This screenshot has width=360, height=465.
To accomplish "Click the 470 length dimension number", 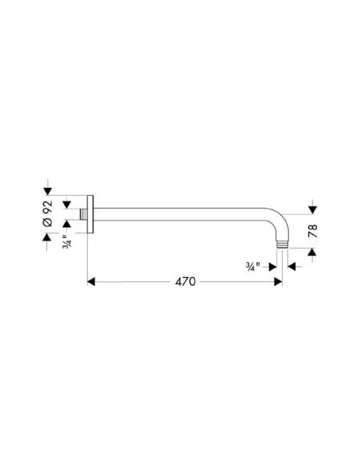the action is [186, 281].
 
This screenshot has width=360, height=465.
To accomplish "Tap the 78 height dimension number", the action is [312, 231].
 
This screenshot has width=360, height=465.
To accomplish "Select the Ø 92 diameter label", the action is [48, 213].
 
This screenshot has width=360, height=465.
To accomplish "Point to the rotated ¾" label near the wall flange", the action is [67, 241].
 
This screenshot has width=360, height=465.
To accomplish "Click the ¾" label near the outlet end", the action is [252, 266].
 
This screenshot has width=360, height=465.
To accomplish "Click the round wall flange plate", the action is [91, 214].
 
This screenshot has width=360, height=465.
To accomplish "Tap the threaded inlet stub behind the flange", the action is [84, 214].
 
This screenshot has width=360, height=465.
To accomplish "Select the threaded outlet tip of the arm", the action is [282, 245].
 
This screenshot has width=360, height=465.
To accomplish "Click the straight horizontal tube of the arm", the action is [178, 214].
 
